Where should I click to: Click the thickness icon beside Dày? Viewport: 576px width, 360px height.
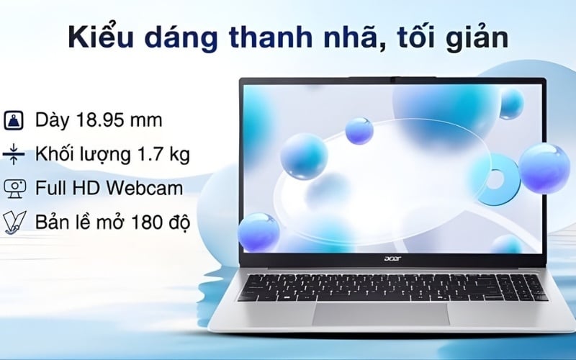[x=14, y=120]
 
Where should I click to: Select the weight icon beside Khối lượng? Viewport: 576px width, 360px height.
[x=14, y=154]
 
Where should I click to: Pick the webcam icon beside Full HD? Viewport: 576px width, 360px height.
[x=14, y=189]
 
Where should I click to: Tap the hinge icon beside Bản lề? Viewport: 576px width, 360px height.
[x=14, y=222]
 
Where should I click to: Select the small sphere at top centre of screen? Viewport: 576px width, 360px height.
[x=359, y=130]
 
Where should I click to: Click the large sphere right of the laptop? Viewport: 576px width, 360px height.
[x=544, y=168]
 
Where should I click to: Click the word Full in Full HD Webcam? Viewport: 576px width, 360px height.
[x=49, y=189]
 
